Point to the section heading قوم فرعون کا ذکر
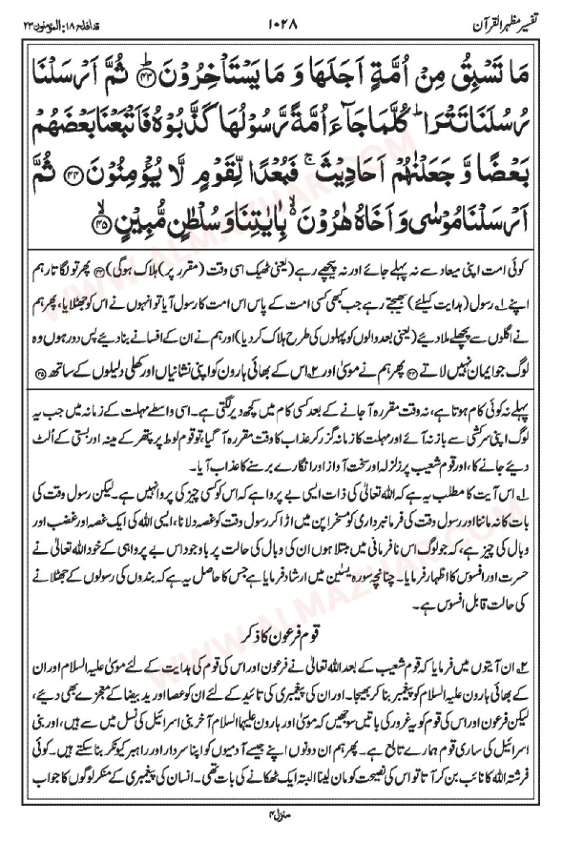click(283, 633)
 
